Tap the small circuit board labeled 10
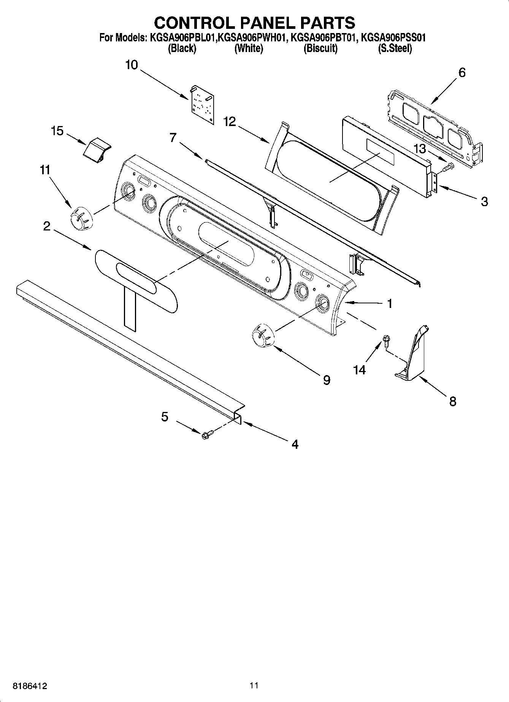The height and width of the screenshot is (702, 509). coord(202,104)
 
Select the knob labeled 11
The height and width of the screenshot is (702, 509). coord(81,219)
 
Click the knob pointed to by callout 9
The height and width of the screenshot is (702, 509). coord(263,336)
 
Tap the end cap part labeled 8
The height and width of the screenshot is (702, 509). coord(412,357)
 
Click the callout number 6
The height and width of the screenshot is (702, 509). coord(462,73)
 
